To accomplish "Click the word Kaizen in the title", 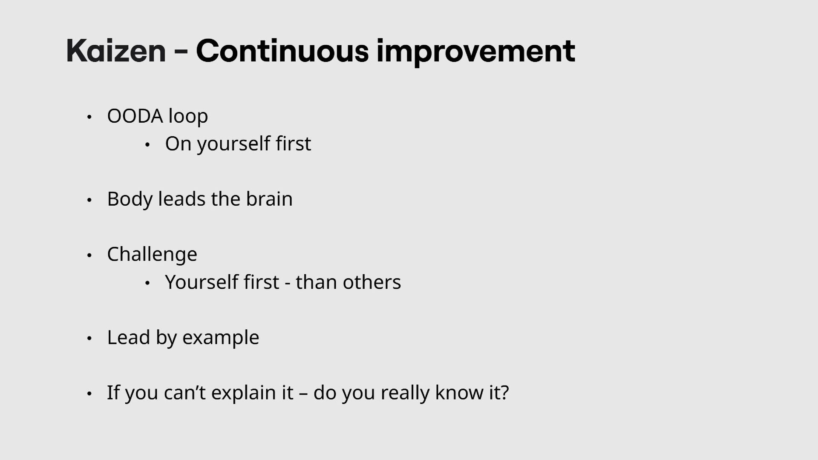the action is (116, 51).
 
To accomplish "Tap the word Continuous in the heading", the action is (282, 51).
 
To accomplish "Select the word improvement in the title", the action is (476, 52).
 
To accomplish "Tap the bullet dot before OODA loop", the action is (89, 117).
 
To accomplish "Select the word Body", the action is (130, 199).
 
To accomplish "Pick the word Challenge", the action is (152, 255).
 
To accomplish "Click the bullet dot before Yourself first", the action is (147, 283).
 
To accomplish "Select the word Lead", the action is (128, 337).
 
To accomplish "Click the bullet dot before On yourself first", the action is (147, 145).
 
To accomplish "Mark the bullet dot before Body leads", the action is (89, 200).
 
